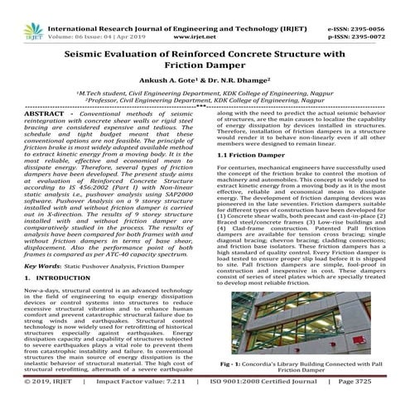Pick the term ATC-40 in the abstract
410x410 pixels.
coord(144,253)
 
